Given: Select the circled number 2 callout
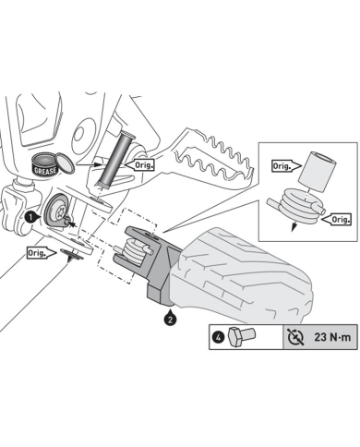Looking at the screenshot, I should (x=169, y=320).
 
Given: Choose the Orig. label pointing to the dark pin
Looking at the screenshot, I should (x=144, y=164).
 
